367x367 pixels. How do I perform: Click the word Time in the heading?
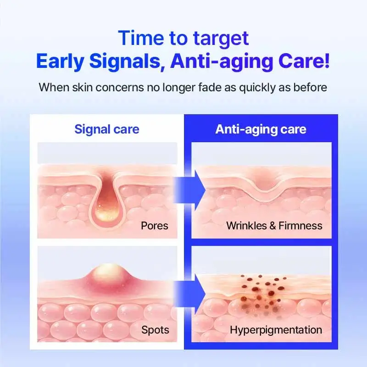click(141, 38)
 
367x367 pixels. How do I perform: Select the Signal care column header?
click(107, 129)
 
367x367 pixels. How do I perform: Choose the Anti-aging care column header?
click(261, 129)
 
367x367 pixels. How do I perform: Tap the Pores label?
click(155, 226)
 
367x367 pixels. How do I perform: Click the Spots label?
click(155, 330)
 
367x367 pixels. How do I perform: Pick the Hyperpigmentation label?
click(276, 330)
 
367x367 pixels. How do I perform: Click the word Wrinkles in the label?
click(246, 226)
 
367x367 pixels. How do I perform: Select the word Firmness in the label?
click(300, 226)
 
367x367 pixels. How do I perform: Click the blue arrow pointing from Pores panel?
click(189, 190)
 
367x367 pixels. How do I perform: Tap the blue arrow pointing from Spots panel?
click(189, 294)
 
